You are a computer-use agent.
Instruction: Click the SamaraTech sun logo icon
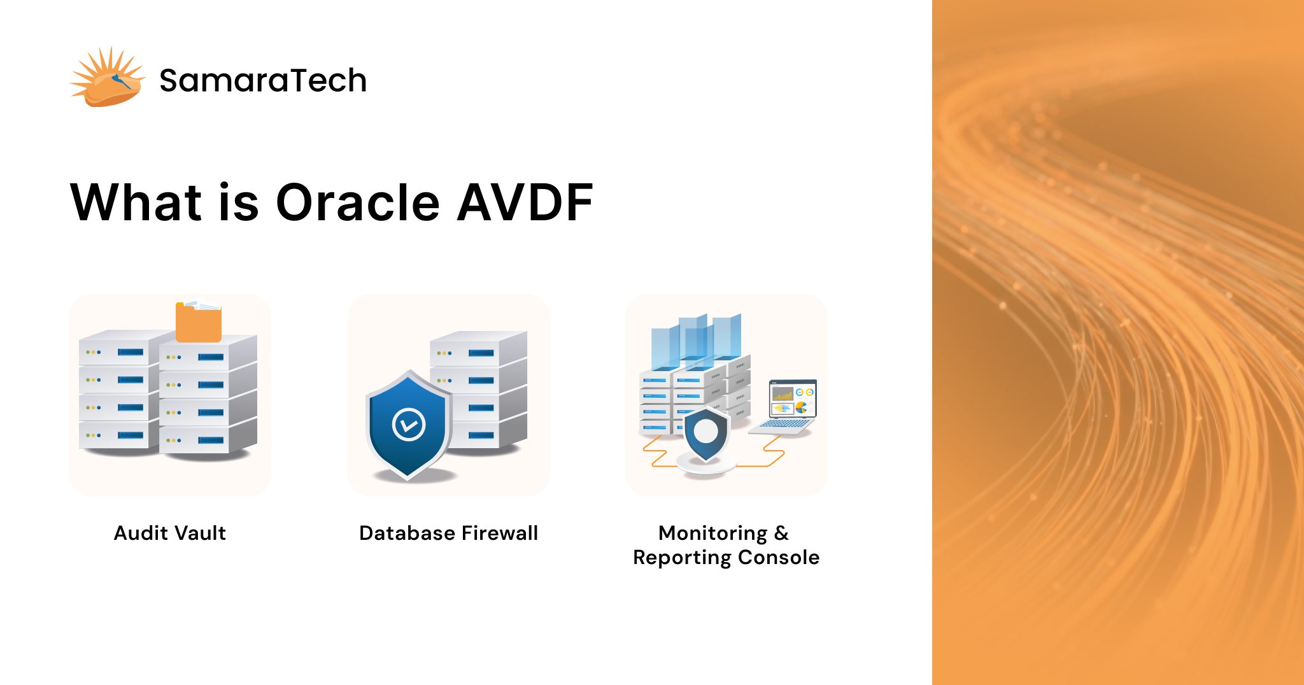(x=107, y=78)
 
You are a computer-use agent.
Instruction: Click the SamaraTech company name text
(x=262, y=81)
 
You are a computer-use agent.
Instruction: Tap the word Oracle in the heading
(x=358, y=202)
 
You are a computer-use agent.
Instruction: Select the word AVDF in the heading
(x=525, y=202)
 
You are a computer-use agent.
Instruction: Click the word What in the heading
(x=136, y=202)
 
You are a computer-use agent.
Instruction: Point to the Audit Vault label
(x=169, y=533)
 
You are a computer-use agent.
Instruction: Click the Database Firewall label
(x=448, y=533)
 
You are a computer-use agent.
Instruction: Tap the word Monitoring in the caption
(x=712, y=533)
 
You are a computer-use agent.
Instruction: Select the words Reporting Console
(x=726, y=558)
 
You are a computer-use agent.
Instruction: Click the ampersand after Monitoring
(x=781, y=533)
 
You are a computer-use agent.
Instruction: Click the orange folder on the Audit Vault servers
(x=199, y=322)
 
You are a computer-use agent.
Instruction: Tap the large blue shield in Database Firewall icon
(x=408, y=424)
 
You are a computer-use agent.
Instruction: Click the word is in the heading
(x=238, y=202)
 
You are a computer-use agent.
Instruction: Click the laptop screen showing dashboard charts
(x=793, y=398)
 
